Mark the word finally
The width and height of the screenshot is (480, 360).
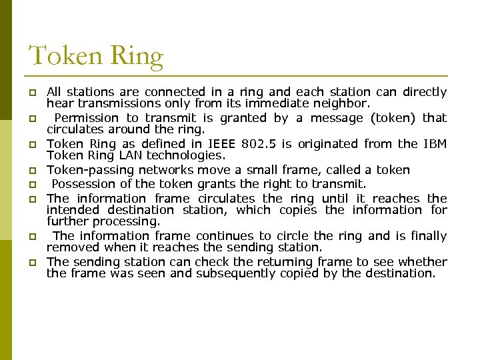pyautogui.click(x=427, y=236)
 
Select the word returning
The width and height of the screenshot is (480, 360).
pyautogui.click(x=252, y=262)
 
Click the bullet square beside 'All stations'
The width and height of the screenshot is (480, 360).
pyautogui.click(x=32, y=92)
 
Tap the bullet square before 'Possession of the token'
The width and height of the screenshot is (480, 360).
pyautogui.click(x=32, y=185)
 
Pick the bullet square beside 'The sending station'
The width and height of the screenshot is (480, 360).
pyautogui.click(x=32, y=263)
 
